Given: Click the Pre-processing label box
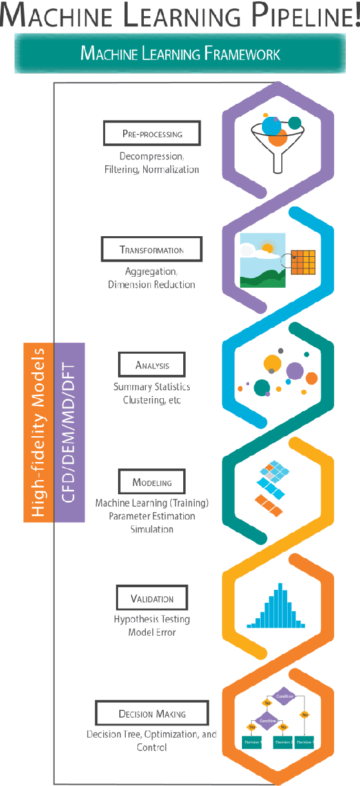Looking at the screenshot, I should [152, 134].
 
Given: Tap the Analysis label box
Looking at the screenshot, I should [152, 365].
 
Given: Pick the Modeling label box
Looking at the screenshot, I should [152, 482].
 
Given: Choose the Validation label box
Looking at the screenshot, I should [152, 598].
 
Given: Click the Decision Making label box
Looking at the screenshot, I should [152, 714].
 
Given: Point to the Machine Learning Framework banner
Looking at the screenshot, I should [180, 53].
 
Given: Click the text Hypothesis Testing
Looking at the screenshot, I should [152, 620].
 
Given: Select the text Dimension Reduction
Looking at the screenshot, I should [152, 284].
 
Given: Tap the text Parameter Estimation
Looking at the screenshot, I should [152, 516].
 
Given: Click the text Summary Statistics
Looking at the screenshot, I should [152, 387].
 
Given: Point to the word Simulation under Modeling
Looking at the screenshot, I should [152, 529].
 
